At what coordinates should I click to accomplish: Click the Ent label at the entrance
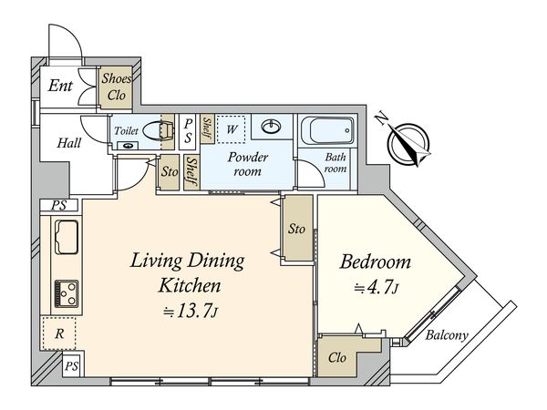[x=60, y=86]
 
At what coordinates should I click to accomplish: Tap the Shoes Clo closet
[x=116, y=87]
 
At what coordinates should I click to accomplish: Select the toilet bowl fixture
[x=159, y=130]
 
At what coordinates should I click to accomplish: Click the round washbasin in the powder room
[x=272, y=127]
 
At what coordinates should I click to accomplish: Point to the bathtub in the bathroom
[x=327, y=130]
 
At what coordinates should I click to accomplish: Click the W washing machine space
[x=231, y=129]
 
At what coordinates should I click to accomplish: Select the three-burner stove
[x=67, y=293]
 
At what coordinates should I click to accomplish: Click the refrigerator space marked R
[x=58, y=333]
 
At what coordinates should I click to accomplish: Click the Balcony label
[x=447, y=335]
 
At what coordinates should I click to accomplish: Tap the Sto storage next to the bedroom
[x=297, y=228]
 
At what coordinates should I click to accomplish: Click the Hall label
[x=69, y=143]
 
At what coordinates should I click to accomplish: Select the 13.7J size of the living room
[x=191, y=311]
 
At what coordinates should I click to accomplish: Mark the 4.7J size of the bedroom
[x=377, y=287]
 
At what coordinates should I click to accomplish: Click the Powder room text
[x=248, y=164]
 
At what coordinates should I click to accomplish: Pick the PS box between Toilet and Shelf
[x=188, y=131]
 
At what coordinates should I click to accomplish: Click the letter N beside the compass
[x=381, y=119]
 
